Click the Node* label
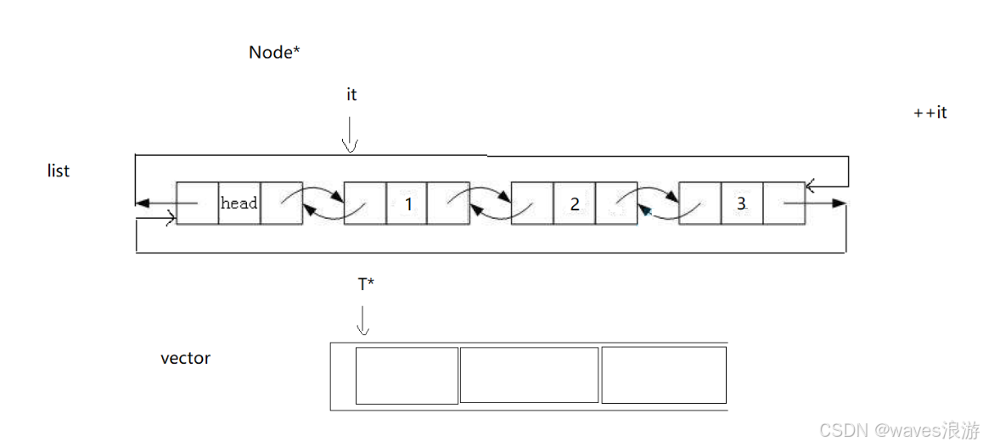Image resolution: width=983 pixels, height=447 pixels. [274, 53]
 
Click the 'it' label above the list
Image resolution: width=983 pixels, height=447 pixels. [351, 95]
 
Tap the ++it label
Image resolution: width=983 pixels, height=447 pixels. [930, 112]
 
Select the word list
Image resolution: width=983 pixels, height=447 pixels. [59, 170]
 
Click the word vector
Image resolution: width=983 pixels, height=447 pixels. [185, 358]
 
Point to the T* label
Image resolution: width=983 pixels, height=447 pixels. [366, 285]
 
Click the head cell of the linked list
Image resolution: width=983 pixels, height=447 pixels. [239, 204]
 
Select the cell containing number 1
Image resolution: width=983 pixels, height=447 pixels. [407, 204]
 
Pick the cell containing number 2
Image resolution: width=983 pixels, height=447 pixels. [575, 204]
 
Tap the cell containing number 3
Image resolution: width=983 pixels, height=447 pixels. [742, 204]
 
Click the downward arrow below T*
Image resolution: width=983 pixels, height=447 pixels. [362, 320]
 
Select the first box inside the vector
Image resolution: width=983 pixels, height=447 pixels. [407, 375]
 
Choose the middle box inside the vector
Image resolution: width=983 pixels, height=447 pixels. [530, 375]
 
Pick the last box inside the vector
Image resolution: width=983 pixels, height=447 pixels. [664, 375]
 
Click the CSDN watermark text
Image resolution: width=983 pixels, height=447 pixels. [899, 430]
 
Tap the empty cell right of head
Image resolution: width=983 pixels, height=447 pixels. [282, 204]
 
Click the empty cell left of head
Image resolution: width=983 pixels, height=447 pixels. [198, 204]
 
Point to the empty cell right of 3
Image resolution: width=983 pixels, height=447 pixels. [784, 204]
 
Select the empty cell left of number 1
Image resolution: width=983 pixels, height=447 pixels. [365, 204]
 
